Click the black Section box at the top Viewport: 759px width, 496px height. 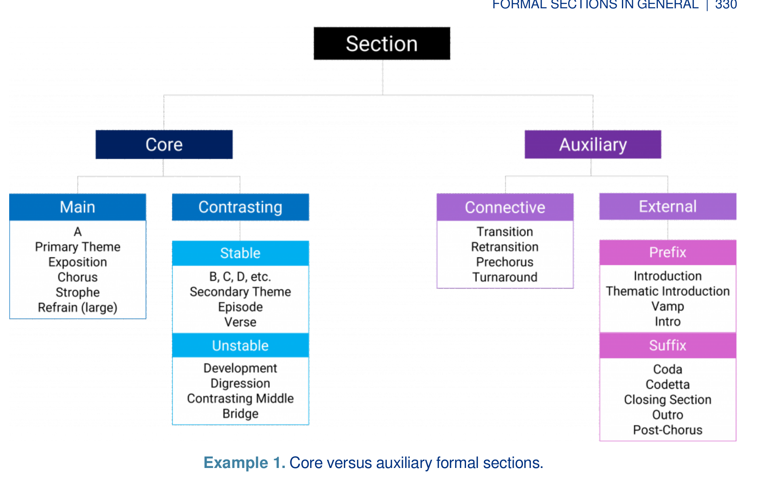click(382, 43)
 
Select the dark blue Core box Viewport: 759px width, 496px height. click(164, 144)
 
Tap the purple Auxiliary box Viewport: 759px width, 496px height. click(593, 144)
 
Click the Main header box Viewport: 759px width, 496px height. click(78, 207)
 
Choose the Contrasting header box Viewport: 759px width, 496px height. click(240, 207)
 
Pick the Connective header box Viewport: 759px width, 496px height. click(505, 207)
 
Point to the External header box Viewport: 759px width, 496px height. click(668, 206)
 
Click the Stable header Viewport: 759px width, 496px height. click(240, 253)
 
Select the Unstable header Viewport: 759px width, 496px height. click(240, 345)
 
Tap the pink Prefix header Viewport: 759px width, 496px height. click(668, 252)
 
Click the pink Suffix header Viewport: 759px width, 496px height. click(668, 345)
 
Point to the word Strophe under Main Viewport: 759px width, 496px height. click(78, 292)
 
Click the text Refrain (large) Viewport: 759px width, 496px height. click(78, 308)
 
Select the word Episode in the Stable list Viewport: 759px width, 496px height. click(240, 307)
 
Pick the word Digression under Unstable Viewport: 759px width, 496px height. click(240, 383)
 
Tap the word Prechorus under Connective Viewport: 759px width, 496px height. click(505, 262)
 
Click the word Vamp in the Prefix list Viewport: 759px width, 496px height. click(668, 306)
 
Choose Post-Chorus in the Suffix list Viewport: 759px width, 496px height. click(668, 430)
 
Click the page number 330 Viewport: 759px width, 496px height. click(726, 5)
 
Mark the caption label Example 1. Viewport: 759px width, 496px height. click(244, 463)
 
